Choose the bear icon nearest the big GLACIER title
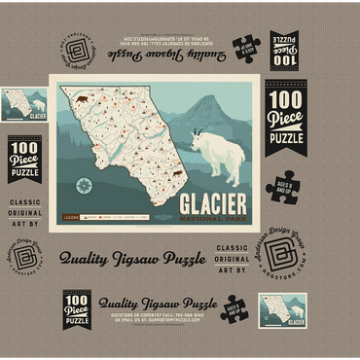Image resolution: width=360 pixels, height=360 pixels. click(x=177, y=174)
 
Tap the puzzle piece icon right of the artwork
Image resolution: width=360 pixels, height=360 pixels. click(x=289, y=186)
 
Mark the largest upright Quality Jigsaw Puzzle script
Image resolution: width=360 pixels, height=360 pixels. click(x=137, y=259)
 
